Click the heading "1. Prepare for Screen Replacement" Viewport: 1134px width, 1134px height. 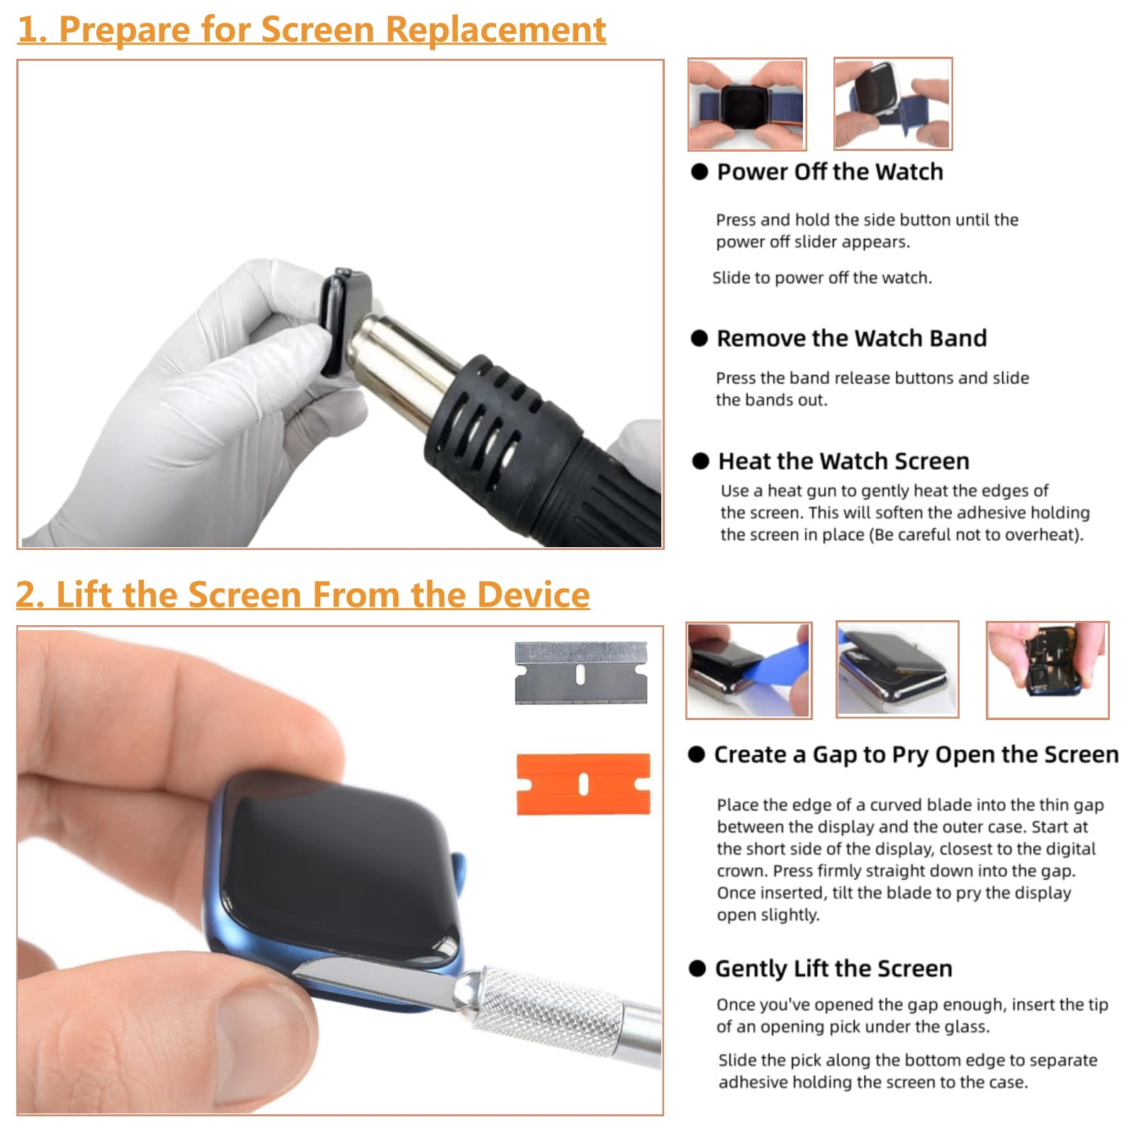312,30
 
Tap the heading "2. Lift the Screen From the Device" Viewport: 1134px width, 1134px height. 303,594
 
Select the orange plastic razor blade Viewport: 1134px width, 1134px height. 583,784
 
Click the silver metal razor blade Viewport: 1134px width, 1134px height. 581,673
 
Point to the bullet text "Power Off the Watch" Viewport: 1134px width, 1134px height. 830,172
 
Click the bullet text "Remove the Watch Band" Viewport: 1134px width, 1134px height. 851,338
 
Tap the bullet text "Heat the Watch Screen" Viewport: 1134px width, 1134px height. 843,461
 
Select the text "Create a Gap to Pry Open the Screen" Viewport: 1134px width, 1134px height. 916,755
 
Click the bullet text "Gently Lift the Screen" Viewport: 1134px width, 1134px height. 833,968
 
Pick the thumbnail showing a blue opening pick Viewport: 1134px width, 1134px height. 749,670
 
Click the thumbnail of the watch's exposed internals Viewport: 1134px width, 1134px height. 1048,670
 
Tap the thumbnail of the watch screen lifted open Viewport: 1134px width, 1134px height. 897,670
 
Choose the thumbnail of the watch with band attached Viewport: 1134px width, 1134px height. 747,104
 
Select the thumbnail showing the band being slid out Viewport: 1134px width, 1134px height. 893,104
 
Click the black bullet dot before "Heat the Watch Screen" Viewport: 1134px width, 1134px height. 700,461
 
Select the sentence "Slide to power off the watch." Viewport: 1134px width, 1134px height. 822,278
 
